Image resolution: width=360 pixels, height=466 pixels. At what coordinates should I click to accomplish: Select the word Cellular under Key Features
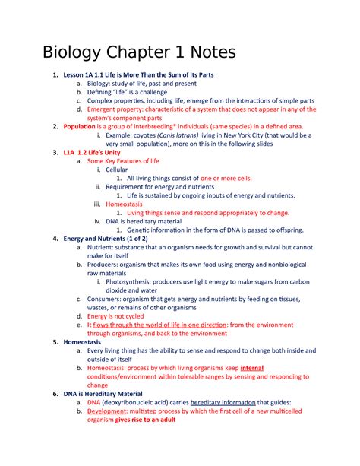pyautogui.click(x=117, y=170)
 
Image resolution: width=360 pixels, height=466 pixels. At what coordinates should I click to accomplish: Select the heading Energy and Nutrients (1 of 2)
pyautogui.click(x=106, y=238)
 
